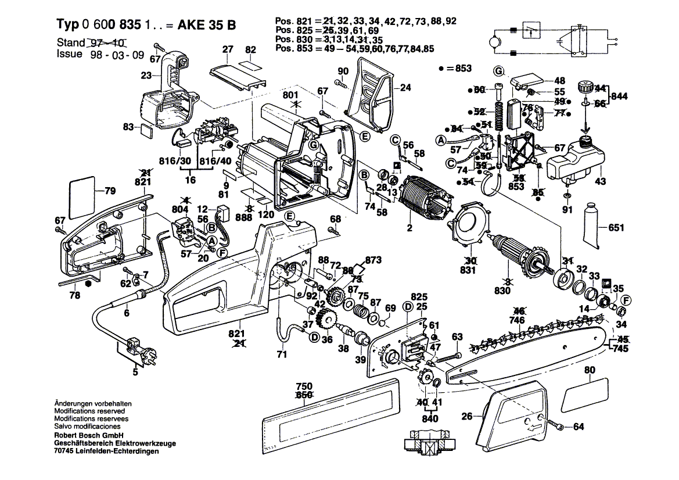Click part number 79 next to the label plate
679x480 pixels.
pos(110,190)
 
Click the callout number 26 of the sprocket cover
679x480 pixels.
pos(466,415)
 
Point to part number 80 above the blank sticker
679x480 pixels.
pos(590,370)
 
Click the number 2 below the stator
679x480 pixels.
pos(409,229)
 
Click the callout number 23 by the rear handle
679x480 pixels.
pos(146,75)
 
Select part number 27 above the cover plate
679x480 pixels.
pos(227,49)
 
